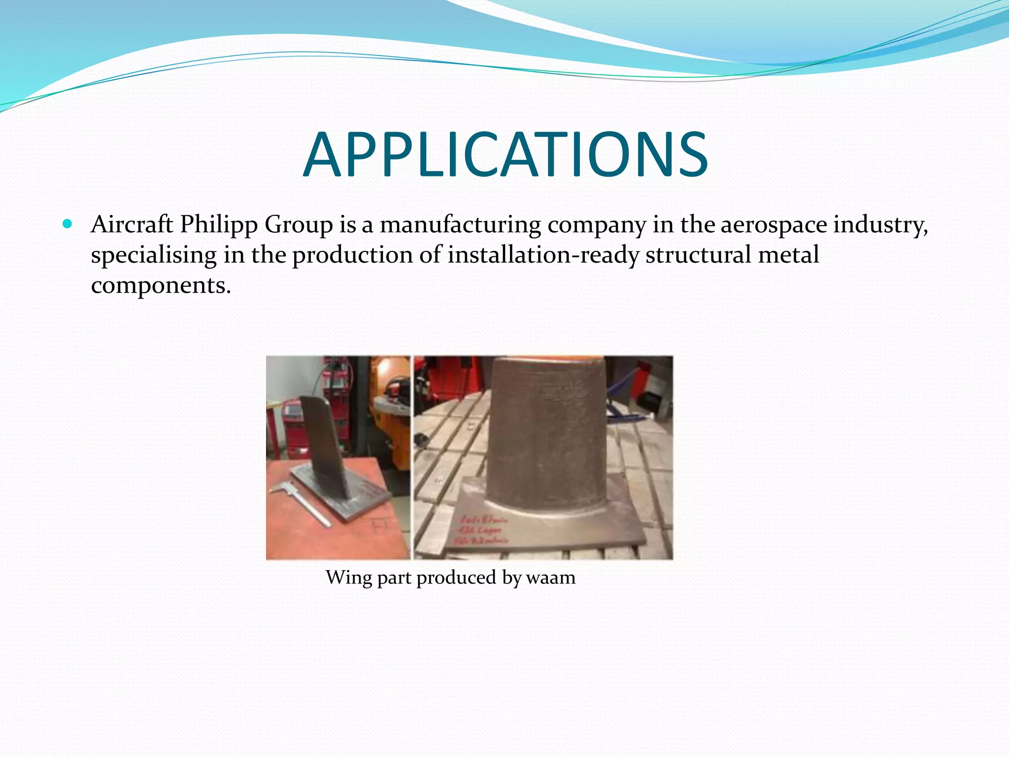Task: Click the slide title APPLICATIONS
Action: pyautogui.click(x=505, y=155)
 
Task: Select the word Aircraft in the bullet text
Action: pyautogui.click(x=132, y=225)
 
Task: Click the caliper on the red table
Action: pyautogui.click(x=301, y=503)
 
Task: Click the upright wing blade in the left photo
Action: pyautogui.click(x=325, y=444)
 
